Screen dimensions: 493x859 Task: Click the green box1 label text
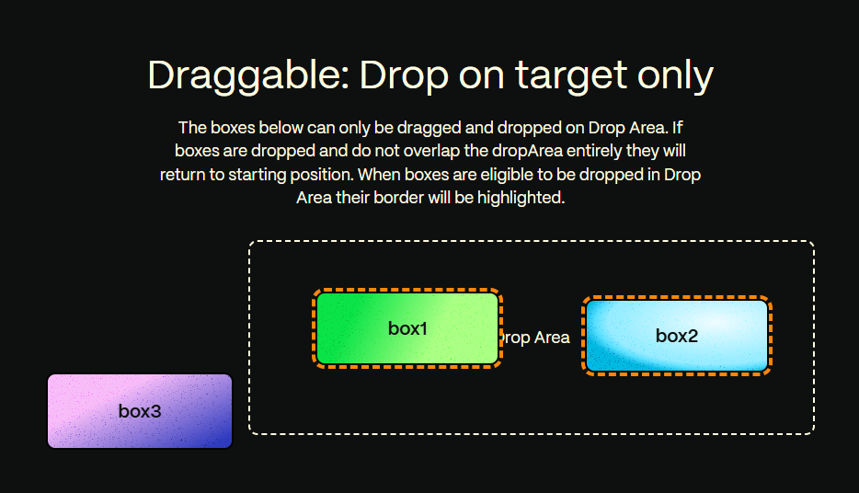pos(407,328)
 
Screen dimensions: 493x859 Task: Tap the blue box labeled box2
pos(676,336)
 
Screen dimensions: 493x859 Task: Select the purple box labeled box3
pos(139,411)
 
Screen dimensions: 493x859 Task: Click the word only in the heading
pos(673,75)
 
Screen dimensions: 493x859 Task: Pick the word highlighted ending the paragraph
pos(520,197)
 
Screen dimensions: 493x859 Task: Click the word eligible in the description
pos(550,174)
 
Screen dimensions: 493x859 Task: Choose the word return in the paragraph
pos(183,174)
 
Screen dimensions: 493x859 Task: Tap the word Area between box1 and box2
pos(552,338)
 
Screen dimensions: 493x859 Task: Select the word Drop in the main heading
pos(400,75)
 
